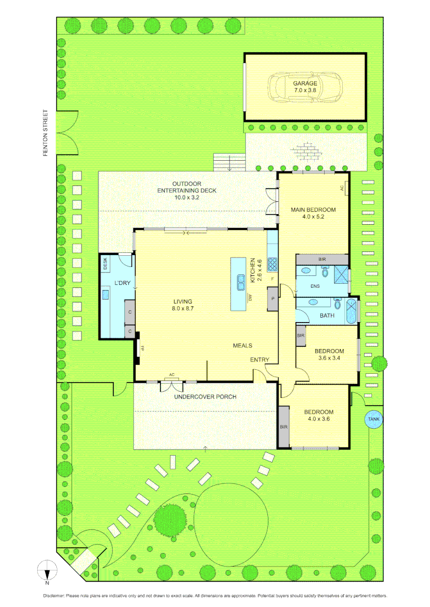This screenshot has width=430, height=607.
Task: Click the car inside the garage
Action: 304,87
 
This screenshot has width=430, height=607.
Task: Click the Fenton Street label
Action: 48,133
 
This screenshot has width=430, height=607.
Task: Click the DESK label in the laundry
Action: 105,264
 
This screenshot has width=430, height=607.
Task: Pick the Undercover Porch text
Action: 204,397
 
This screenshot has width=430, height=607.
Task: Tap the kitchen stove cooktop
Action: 272,264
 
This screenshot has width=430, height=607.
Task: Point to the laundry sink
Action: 105,293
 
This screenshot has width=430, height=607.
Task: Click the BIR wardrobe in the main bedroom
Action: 322,259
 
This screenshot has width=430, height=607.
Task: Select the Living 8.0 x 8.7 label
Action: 183,305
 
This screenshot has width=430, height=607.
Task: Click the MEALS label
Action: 243,346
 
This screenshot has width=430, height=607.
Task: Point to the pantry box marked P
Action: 273,298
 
